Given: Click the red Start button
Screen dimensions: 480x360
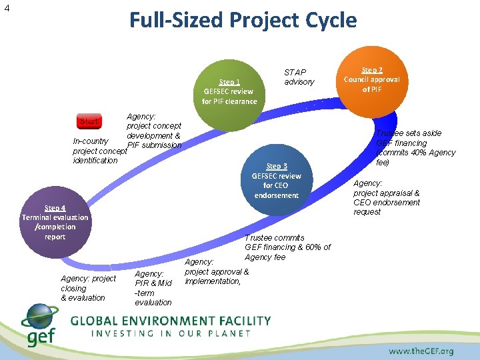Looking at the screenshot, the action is click(89, 122).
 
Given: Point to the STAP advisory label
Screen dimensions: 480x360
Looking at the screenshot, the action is click(299, 77).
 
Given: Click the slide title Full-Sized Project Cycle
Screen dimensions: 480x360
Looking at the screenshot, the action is click(243, 20).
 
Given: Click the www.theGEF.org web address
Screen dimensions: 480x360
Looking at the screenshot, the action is click(421, 351).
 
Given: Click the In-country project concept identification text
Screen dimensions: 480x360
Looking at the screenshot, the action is click(97, 151).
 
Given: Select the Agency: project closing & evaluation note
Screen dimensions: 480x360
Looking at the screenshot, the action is click(87, 288).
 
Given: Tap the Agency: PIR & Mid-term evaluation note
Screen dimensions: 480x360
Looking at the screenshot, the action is click(153, 288).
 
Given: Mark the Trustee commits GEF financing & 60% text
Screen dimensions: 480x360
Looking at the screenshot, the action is click(287, 247).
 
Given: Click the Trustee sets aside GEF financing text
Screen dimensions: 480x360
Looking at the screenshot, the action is click(415, 147).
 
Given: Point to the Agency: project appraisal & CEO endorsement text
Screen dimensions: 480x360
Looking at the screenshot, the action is click(387, 197).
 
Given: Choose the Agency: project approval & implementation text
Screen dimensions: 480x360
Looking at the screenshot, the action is click(216, 272).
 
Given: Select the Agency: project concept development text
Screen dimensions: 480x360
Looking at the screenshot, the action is click(153, 131).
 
